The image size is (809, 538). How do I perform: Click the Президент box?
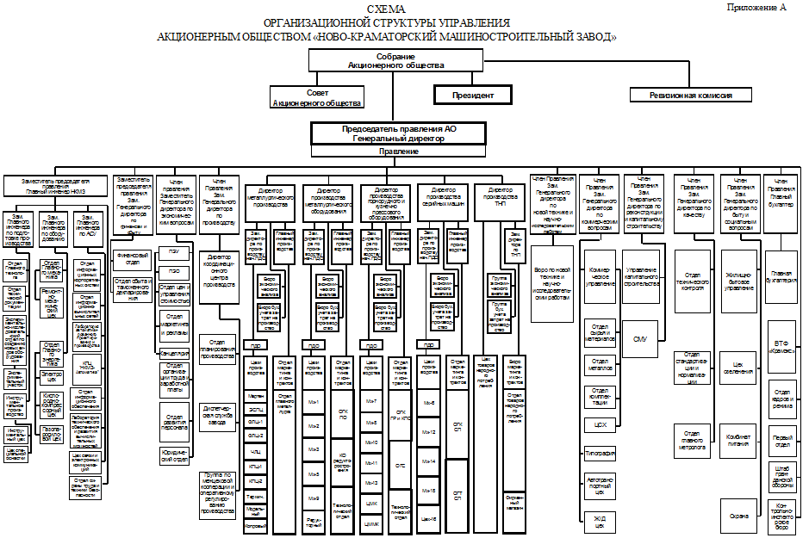click(x=472, y=94)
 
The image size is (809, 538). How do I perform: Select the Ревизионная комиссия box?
click(x=691, y=95)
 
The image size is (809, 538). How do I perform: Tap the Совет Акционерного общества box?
click(x=317, y=97)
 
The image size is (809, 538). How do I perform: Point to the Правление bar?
click(x=398, y=151)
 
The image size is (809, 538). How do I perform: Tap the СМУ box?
click(x=639, y=339)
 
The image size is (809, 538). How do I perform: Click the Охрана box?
click(x=738, y=516)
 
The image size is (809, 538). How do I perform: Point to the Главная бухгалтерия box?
click(x=781, y=279)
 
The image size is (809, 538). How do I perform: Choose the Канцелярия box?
click(x=174, y=354)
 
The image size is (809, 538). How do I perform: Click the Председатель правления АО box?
click(x=398, y=133)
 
